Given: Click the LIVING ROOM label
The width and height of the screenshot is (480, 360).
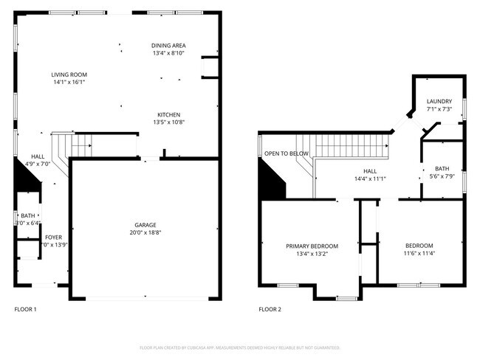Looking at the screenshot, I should click(x=69, y=75).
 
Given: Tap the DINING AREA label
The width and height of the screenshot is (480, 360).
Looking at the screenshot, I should click(x=168, y=45).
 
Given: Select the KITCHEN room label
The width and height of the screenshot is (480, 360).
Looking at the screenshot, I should click(x=168, y=114).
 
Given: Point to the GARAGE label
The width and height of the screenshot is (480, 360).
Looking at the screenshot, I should click(x=145, y=225).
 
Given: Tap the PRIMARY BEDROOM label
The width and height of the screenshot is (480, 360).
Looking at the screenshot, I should click(x=312, y=246).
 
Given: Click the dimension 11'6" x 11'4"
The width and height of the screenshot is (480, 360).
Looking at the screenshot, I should click(x=419, y=253).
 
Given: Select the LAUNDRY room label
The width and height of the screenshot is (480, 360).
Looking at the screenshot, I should click(x=439, y=102).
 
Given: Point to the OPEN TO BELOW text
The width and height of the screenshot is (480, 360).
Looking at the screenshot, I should click(x=287, y=153).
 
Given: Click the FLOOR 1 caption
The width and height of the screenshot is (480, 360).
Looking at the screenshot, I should click(x=26, y=309).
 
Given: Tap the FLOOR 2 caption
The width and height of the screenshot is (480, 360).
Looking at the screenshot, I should click(x=270, y=309).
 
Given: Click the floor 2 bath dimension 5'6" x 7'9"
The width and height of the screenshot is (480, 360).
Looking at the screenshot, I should click(x=441, y=176).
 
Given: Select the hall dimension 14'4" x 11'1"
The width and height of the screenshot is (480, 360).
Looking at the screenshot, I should click(x=371, y=178).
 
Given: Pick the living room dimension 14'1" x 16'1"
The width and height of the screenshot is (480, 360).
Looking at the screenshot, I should click(x=69, y=82).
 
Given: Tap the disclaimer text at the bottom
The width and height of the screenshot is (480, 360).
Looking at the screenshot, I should click(x=239, y=347).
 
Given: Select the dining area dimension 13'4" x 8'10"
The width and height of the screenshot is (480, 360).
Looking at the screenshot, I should click(x=168, y=53).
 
